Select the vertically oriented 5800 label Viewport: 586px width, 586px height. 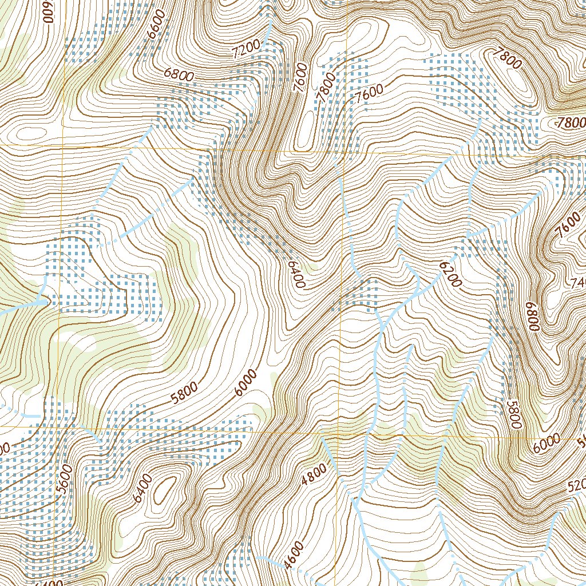[x=513, y=414]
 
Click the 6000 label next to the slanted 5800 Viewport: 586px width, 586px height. [x=245, y=384]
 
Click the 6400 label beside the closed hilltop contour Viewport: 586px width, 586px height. [x=143, y=488]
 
